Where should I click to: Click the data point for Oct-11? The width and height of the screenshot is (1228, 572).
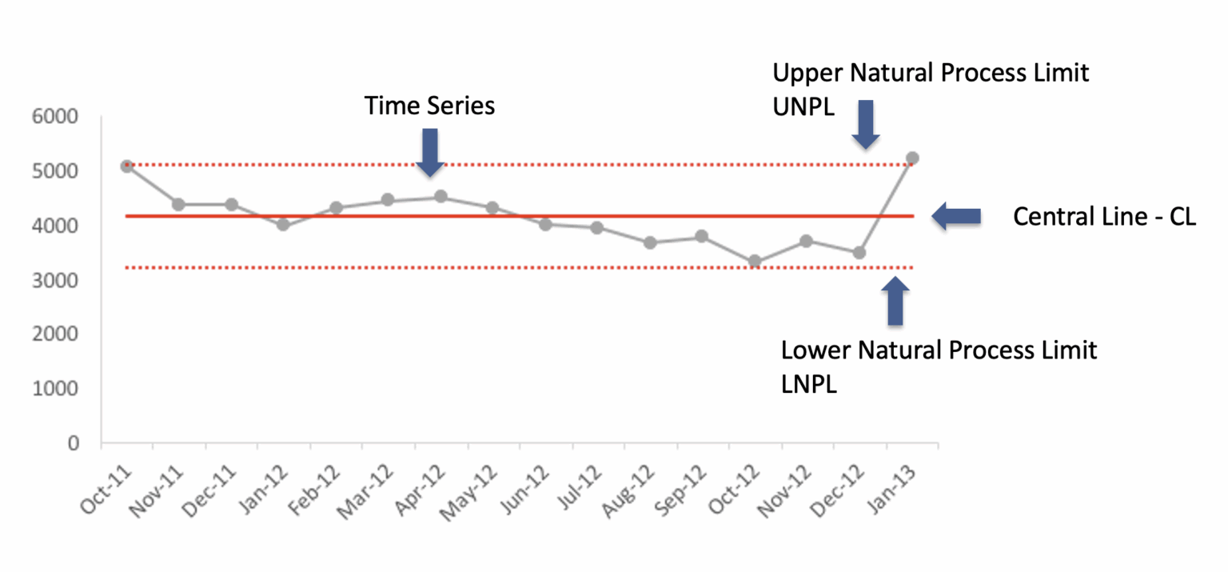pos(127,166)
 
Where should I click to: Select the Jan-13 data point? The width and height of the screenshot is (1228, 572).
pos(912,158)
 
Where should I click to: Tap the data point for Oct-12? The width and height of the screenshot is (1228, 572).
pos(755,262)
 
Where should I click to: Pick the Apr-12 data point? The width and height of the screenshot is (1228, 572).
pos(441,197)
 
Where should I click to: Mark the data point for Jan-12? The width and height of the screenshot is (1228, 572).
pos(283,225)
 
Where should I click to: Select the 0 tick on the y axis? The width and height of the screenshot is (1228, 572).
pos(74,443)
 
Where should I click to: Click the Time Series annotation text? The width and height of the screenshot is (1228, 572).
pos(430,106)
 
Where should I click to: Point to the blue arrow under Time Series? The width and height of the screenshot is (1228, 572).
pos(430,152)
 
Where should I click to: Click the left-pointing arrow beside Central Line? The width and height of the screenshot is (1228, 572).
pos(957,216)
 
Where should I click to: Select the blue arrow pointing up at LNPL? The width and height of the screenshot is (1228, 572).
pos(895,301)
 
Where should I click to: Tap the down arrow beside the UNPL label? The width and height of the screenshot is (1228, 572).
pos(865,124)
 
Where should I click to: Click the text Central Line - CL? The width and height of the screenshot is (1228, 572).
pos(1104,217)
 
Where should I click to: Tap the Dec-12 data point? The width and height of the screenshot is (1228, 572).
pos(859,253)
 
